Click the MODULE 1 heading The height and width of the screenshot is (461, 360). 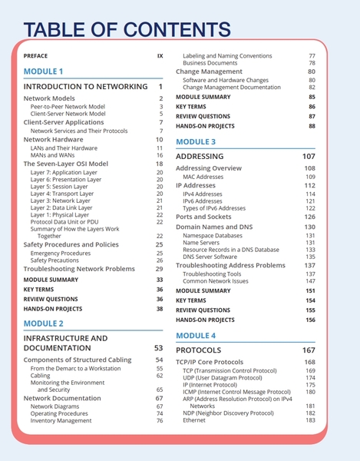tap(44, 71)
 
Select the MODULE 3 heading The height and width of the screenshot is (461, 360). tap(196, 141)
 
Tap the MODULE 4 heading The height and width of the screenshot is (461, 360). tap(196, 336)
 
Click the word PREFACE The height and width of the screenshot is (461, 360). tap(35, 56)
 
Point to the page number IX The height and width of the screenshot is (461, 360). tap(160, 56)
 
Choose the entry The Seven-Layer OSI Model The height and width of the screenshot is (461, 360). tap(65, 164)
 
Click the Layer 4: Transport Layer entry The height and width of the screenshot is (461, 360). tap(62, 193)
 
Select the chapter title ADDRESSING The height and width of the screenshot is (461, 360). tap(200, 156)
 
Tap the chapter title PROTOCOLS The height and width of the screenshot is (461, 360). tap(199, 350)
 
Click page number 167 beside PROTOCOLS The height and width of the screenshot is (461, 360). tap(308, 350)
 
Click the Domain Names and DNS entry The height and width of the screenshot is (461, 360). tap(213, 227)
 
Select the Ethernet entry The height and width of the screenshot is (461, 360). tap(194, 420)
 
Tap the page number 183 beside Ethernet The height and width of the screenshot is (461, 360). tap(310, 420)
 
